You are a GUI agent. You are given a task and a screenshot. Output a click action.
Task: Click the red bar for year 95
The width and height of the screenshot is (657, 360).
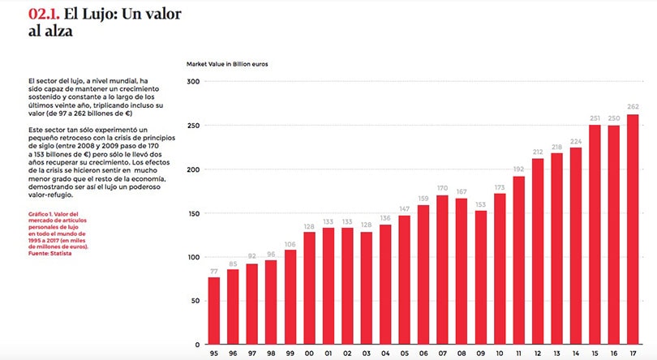pos(214,311)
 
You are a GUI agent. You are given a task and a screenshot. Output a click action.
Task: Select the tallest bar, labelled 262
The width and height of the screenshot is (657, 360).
pos(633,229)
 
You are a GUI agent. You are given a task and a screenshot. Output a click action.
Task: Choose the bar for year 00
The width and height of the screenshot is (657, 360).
pos(309,289)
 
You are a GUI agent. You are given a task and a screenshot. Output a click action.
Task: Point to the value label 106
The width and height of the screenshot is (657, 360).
pos(290,244)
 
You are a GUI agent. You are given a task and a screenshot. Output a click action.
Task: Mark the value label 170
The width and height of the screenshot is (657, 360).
pos(443,189)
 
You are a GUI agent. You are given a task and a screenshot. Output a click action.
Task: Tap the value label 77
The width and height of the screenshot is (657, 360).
pos(214,271)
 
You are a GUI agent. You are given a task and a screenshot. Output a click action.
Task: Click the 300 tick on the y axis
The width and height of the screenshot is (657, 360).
pos(193,82)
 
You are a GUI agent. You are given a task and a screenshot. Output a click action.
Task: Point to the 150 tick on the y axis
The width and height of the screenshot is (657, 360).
pos(193,213)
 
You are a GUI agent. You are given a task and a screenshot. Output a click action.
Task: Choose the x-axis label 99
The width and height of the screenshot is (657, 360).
pos(290,354)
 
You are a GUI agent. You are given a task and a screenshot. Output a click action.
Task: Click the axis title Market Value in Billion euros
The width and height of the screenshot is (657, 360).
pos(228,62)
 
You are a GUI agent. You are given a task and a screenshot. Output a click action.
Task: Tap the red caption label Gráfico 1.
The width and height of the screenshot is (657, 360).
pos(42,213)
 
